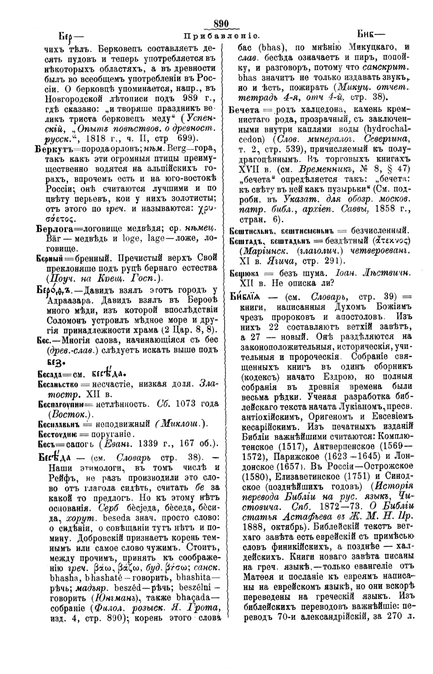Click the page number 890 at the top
point(221,24)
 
